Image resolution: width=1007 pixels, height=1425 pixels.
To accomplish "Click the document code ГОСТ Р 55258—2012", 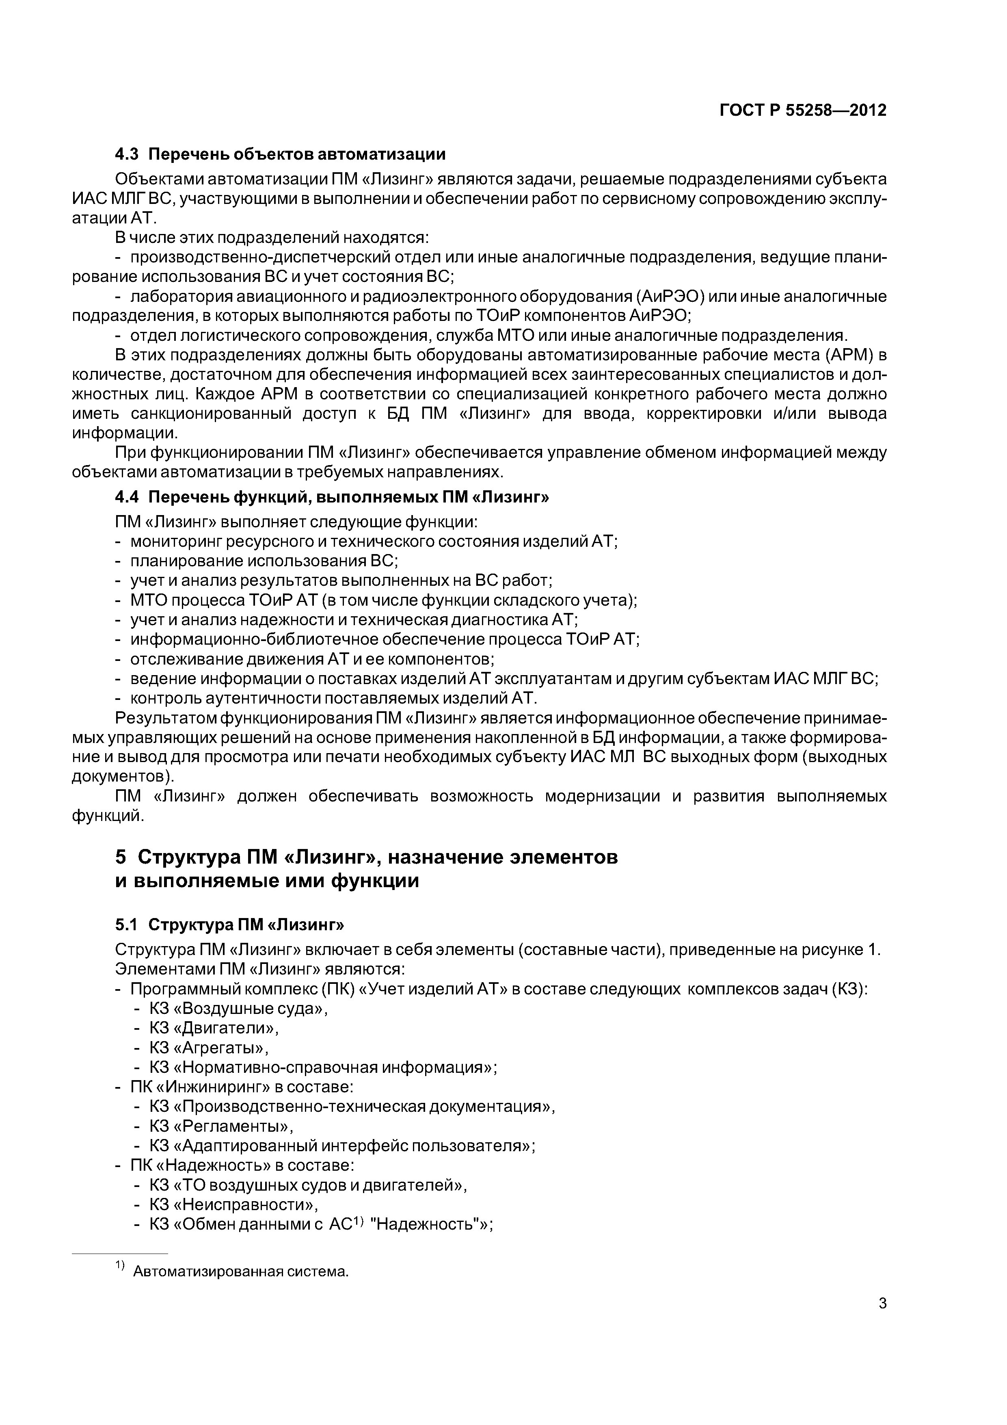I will coord(803,110).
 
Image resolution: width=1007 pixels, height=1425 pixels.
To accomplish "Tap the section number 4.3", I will coord(128,153).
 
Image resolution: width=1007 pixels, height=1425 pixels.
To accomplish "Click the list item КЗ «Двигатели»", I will coord(214,1029).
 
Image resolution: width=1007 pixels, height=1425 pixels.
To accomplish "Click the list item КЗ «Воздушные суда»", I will coord(238,1009).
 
